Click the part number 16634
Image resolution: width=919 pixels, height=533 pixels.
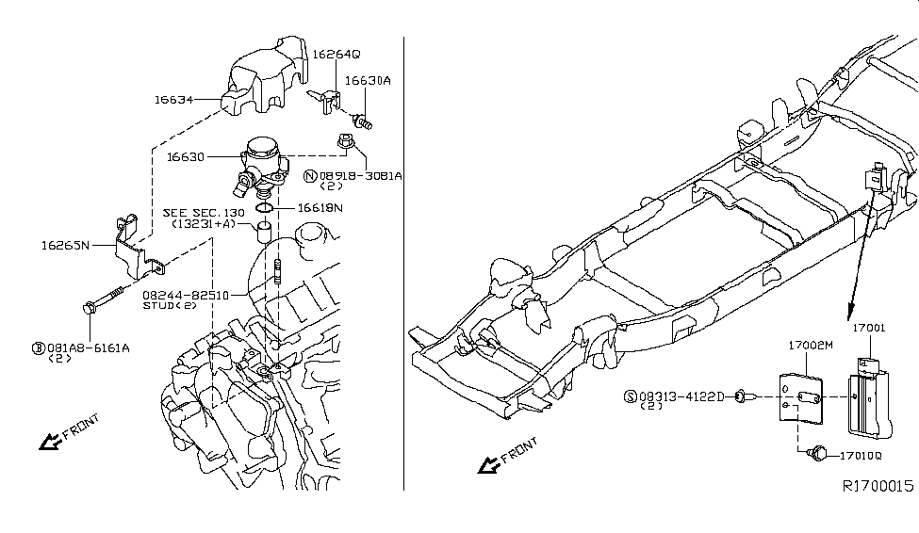coord(174,97)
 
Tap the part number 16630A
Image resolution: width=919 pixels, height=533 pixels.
coord(367,81)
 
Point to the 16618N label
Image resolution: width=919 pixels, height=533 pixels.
coord(320,207)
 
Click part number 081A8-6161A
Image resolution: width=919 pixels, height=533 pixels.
coord(87,347)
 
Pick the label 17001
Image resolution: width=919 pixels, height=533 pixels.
coord(870,328)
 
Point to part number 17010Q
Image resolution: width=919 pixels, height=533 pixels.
coord(861,456)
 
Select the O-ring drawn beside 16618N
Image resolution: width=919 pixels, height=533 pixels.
coord(265,206)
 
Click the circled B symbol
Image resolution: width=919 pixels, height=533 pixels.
coord(39,347)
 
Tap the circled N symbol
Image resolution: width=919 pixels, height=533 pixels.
coord(309,175)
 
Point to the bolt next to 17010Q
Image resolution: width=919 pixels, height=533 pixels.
coord(818,455)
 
